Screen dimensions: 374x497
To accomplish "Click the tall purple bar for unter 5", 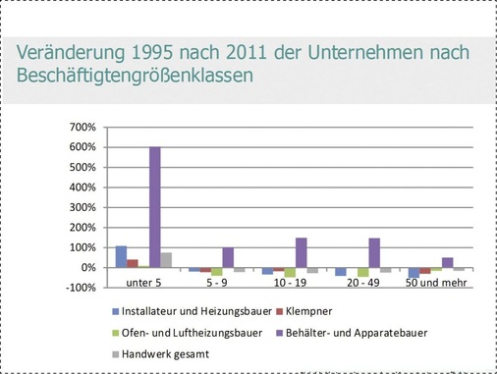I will click(x=155, y=207).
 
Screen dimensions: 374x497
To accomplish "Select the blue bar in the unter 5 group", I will click(x=121, y=256).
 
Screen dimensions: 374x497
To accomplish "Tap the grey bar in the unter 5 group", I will click(x=167, y=260).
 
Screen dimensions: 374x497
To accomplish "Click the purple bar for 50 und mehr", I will click(x=448, y=262).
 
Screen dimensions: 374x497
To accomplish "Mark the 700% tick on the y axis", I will click(x=81, y=128).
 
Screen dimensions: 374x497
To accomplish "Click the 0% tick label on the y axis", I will click(x=86, y=267).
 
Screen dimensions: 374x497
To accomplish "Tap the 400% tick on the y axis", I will click(x=81, y=187).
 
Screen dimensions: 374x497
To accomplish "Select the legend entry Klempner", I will click(x=321, y=313).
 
